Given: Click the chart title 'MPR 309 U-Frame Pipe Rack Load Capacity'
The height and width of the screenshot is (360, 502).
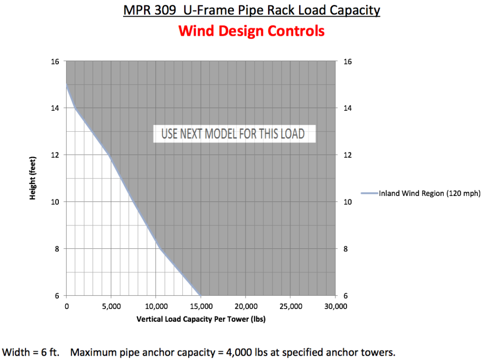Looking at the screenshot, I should [251, 10].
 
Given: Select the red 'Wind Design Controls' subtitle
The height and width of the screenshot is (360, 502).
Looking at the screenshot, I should [251, 31].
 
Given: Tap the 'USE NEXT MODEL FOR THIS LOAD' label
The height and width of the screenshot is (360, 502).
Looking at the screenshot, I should [233, 134].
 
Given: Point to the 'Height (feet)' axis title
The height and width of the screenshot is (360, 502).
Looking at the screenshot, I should [33, 179].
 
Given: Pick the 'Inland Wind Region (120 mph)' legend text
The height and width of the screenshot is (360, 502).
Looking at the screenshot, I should [429, 193].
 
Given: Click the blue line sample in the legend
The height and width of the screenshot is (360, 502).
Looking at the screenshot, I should [369, 193].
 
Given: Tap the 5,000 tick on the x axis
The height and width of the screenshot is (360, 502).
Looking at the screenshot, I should [111, 307].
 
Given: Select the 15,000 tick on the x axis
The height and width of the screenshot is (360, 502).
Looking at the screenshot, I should [201, 307].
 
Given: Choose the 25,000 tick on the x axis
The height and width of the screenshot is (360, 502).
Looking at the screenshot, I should [290, 307].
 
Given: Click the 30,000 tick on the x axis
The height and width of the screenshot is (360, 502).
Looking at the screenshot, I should [335, 307].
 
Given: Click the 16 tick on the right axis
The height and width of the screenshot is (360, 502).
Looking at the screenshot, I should [348, 62].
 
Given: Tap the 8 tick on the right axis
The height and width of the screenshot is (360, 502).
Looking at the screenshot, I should [347, 249].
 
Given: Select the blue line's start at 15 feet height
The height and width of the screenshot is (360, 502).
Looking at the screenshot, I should [67, 85].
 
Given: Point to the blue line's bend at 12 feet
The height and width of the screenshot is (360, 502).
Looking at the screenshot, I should [111, 155].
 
